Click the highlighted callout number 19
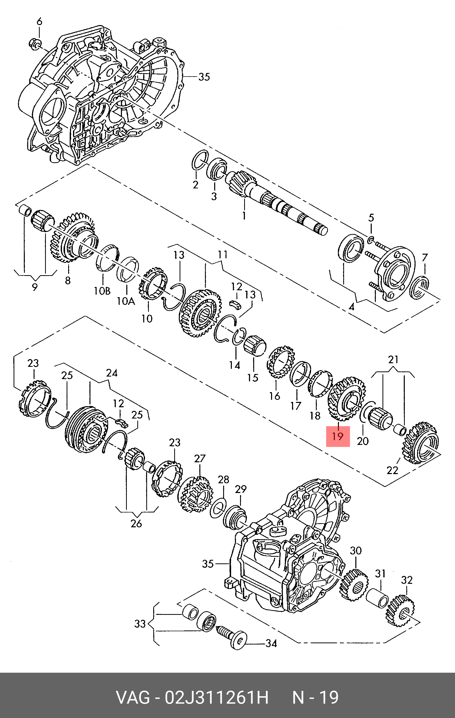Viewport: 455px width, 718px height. click(338, 436)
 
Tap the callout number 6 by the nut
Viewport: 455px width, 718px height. click(39, 22)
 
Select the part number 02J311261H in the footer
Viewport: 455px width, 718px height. click(217, 698)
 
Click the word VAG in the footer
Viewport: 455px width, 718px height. click(133, 698)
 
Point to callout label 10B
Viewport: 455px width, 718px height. click(102, 291)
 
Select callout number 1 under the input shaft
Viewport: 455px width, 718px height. click(244, 215)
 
